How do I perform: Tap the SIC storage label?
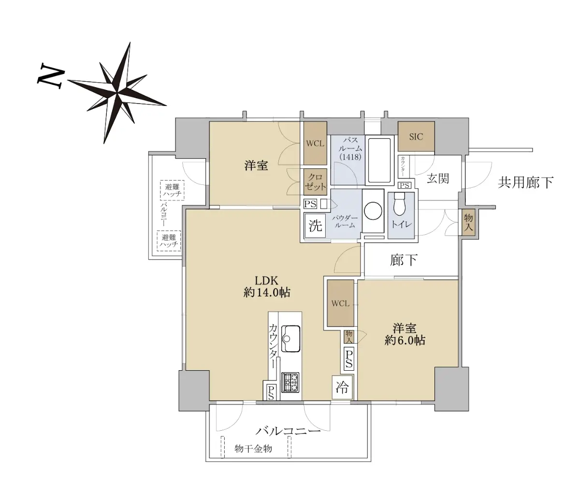click(x=416, y=136)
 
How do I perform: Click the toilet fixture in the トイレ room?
click(x=400, y=204)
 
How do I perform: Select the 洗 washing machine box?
click(x=315, y=225)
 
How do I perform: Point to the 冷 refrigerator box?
click(x=342, y=387)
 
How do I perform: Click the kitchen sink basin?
click(x=290, y=339)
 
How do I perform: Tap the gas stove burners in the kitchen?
click(x=290, y=382)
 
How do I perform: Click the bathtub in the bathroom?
click(x=379, y=161)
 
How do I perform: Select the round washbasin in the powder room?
click(x=373, y=211)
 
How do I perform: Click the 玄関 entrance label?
click(x=438, y=179)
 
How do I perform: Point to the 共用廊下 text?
click(x=525, y=182)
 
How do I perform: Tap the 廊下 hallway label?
click(x=404, y=260)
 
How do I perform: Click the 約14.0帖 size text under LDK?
click(x=267, y=293)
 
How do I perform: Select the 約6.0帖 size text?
click(x=405, y=340)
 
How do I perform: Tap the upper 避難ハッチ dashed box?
click(x=172, y=190)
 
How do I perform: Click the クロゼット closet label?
click(x=315, y=182)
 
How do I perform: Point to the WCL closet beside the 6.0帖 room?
click(x=340, y=303)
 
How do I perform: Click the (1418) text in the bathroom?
click(x=350, y=157)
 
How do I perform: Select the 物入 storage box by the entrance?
click(x=468, y=223)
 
